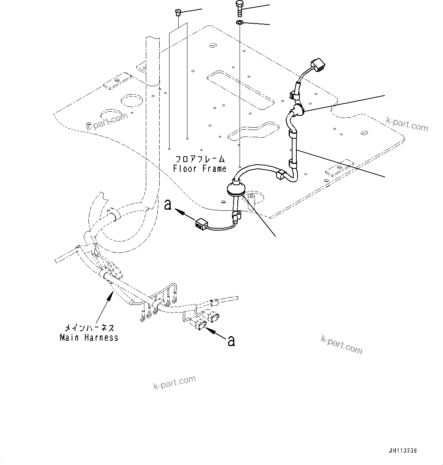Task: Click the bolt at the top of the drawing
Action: tap(239, 8)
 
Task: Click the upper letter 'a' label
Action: tap(168, 205)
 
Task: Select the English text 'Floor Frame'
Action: tap(200, 168)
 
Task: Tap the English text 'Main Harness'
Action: tap(89, 337)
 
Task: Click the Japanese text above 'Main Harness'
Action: tap(89, 328)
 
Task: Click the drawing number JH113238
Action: tap(403, 451)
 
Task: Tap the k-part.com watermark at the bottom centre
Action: tap(174, 383)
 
